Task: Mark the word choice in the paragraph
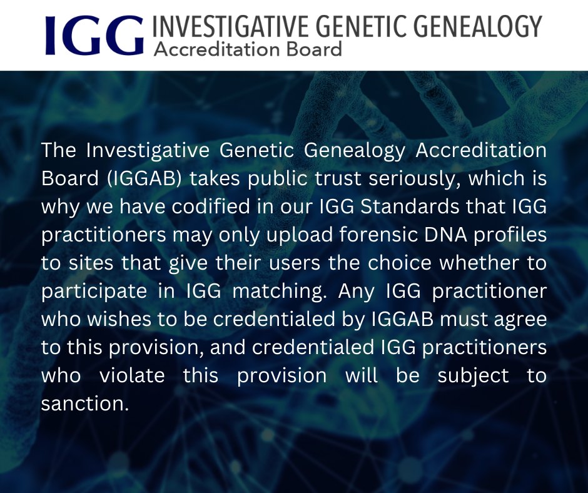click(408, 263)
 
